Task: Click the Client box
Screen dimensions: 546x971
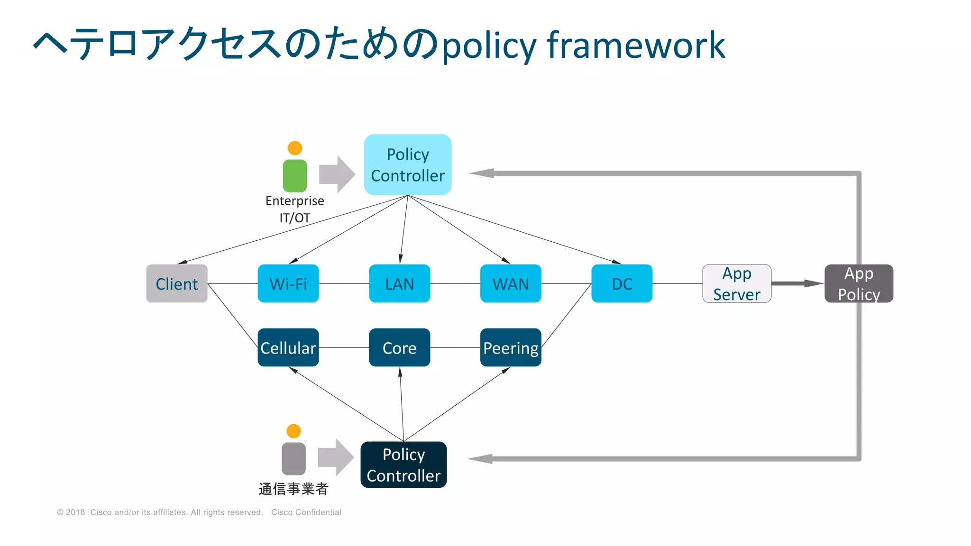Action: pyautogui.click(x=176, y=283)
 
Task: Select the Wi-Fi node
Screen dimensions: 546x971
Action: pyautogui.click(x=288, y=283)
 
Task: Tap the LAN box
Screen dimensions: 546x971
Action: pyautogui.click(x=399, y=283)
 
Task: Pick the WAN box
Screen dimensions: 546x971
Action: pyautogui.click(x=510, y=283)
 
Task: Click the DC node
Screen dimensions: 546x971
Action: pyautogui.click(x=622, y=283)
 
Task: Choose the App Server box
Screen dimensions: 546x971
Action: pyautogui.click(x=736, y=283)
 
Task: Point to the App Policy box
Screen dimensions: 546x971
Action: pyautogui.click(x=859, y=283)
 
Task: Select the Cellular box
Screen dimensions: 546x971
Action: pyautogui.click(x=288, y=347)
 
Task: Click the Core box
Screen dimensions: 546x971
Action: pyautogui.click(x=399, y=347)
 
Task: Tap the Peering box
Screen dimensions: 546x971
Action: pyautogui.click(x=510, y=347)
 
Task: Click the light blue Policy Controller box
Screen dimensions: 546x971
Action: pyautogui.click(x=407, y=164)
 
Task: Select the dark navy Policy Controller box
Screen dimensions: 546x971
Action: pyautogui.click(x=403, y=464)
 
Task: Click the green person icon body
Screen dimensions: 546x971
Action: pyautogui.click(x=294, y=176)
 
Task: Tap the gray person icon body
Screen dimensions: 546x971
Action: pyautogui.click(x=293, y=459)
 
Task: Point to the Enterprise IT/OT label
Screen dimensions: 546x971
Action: pyautogui.click(x=294, y=209)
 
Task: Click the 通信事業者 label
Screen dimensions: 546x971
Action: pyautogui.click(x=293, y=489)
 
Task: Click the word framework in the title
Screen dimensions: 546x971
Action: pyautogui.click(x=636, y=45)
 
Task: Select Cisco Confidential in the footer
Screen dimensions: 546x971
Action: pyautogui.click(x=306, y=512)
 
